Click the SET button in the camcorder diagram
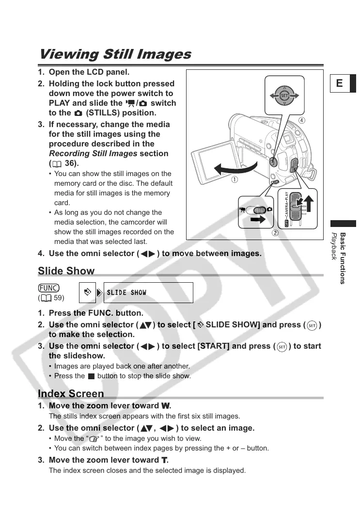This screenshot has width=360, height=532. point(285,96)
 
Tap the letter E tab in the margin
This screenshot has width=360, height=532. point(339,83)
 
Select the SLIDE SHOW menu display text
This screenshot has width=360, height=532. point(126,292)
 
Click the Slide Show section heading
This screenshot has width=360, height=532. point(66,271)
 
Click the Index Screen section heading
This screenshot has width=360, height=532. point(71,393)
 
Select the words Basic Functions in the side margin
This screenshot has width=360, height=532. point(343,258)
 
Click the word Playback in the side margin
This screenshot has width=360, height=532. point(334,246)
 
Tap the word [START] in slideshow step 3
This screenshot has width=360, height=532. point(214,346)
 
